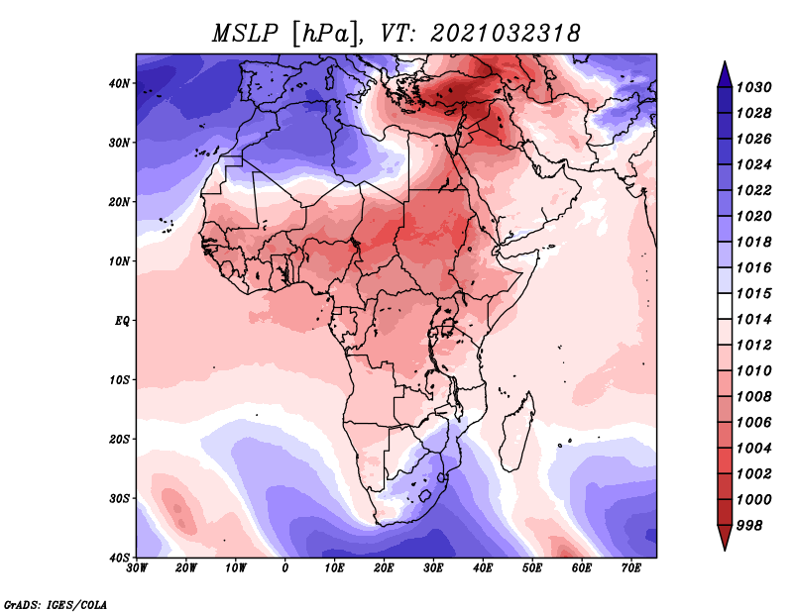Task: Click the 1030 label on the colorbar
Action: (x=753, y=87)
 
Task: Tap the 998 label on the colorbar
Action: (x=749, y=526)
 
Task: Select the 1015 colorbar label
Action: (x=753, y=293)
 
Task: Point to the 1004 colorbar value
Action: (x=753, y=449)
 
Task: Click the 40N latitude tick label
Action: (x=119, y=83)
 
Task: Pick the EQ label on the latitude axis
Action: (x=122, y=321)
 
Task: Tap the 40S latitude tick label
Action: (x=119, y=558)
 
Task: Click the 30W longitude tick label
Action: (x=137, y=568)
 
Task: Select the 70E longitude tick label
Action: (x=631, y=568)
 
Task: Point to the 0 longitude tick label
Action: (x=285, y=568)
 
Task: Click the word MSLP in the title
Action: (x=245, y=34)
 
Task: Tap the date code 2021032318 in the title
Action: (x=506, y=34)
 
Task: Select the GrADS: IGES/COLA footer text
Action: (x=56, y=605)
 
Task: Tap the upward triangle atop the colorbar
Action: (x=725, y=74)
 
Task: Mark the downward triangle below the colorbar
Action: (x=725, y=538)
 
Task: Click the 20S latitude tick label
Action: (x=119, y=439)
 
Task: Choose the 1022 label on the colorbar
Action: (x=753, y=190)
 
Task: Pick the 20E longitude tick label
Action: (x=384, y=568)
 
